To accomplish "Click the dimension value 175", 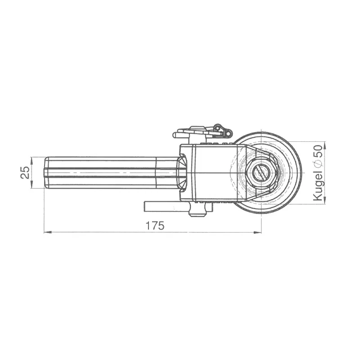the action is tap(155, 226).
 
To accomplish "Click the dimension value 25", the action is tap(25, 172).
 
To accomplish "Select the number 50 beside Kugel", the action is tap(319, 151).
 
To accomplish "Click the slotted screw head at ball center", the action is tap(261, 173).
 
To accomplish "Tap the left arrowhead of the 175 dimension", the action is tap(47, 233).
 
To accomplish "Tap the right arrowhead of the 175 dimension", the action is tap(258, 233).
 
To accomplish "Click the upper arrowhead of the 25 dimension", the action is tap(31, 161).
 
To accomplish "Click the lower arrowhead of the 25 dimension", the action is tap(31, 185).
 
